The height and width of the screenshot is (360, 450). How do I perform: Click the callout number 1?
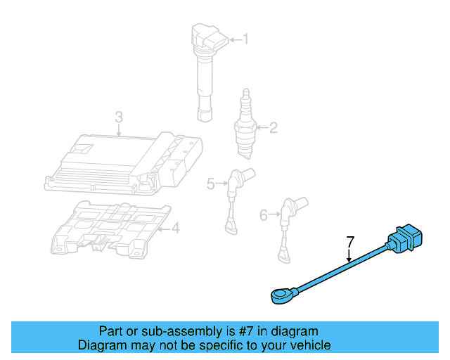coord(245,39)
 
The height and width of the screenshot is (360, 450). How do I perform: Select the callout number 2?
coord(274,127)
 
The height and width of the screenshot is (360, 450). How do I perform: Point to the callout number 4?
coord(176,227)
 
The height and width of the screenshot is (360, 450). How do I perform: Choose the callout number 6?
coord(264,214)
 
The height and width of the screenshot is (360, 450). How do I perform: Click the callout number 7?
coord(349,243)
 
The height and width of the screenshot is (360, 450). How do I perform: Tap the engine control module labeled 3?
coord(123,162)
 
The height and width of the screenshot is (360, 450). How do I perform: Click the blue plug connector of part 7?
coord(407,239)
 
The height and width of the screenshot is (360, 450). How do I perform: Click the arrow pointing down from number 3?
coord(119,128)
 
